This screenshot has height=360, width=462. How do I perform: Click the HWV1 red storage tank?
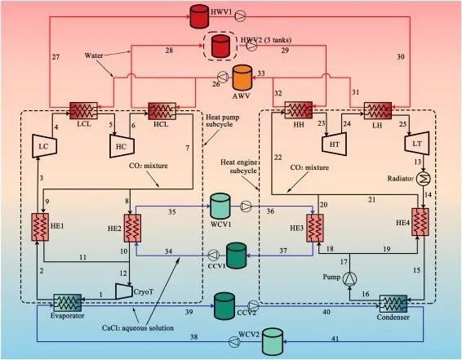pyautogui.click(x=199, y=16)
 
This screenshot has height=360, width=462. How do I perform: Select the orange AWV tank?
pyautogui.click(x=242, y=78)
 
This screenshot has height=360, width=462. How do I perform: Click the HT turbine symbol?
pyautogui.click(x=334, y=144)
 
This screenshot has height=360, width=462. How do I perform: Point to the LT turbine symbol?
pyautogui.click(x=416, y=144)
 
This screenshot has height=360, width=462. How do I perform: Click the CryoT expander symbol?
pyautogui.click(x=124, y=291)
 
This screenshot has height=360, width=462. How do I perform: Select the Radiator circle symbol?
pyautogui.click(x=424, y=179)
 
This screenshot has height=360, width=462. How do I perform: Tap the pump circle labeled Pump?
pyautogui.click(x=349, y=278)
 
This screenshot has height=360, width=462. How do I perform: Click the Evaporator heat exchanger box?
pyautogui.click(x=68, y=303)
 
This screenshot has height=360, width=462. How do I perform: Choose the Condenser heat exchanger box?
pyautogui.click(x=393, y=304)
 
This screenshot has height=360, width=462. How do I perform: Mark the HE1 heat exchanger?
pyautogui.click(x=40, y=227)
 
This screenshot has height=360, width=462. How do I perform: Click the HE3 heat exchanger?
pyautogui.click(x=315, y=228)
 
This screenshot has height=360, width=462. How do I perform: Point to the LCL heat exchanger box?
pyautogui.click(x=83, y=110)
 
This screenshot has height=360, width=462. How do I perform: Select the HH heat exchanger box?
pyautogui.click(x=298, y=110)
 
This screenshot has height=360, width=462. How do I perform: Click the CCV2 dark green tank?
pyautogui.click(x=224, y=306)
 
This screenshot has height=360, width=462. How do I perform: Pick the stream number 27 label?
pyautogui.click(x=56, y=57)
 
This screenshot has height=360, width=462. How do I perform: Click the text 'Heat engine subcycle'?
pyautogui.click(x=238, y=167)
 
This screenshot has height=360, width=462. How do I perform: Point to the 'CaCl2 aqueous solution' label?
pyautogui.click(x=138, y=327)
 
